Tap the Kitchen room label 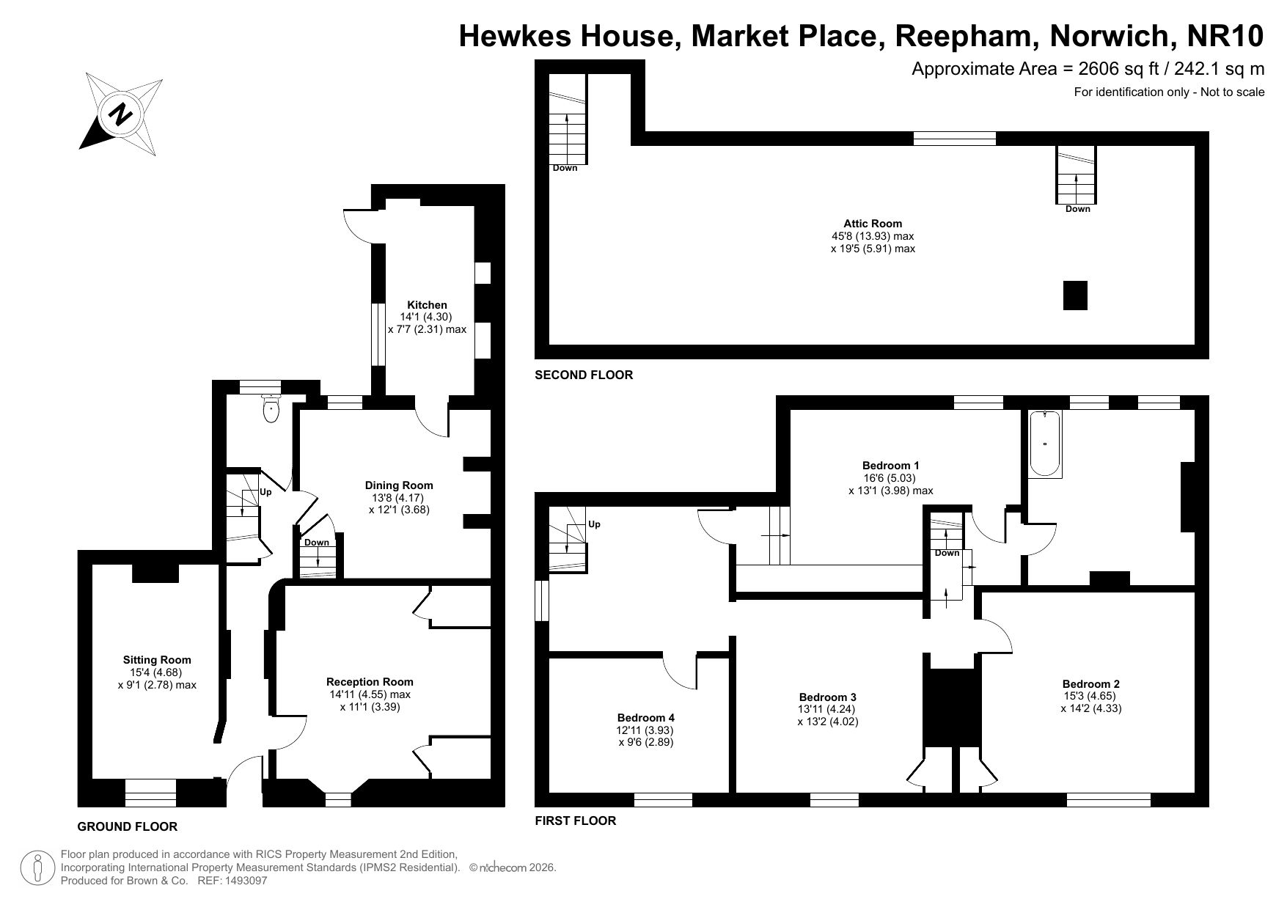(428, 305)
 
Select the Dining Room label (399, 485)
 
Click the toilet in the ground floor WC (271, 408)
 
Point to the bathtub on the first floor (1045, 445)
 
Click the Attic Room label (873, 224)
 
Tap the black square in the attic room (1075, 296)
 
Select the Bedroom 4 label (645, 718)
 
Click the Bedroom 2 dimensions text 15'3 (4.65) (1091, 696)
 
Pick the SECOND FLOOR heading (584, 375)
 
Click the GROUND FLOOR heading (128, 827)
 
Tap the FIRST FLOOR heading (576, 821)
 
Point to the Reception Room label (370, 682)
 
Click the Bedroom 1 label (890, 466)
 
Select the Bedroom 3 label (827, 697)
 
